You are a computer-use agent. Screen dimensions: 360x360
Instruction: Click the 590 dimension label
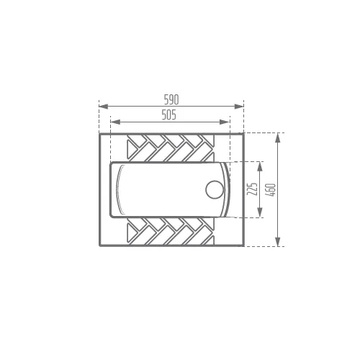pos(171,99)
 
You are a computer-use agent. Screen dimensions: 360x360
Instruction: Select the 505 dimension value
pos(168,114)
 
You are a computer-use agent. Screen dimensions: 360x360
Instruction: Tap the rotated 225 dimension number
pos(253,189)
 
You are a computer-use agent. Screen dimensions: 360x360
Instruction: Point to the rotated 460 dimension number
pos(271,190)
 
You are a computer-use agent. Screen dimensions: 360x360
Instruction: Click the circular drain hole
pos(215,189)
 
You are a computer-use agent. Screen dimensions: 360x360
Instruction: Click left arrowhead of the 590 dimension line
pos(103,107)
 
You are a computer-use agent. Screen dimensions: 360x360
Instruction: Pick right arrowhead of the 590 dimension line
pos(239,107)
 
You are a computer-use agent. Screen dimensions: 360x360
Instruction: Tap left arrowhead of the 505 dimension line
pos(115,122)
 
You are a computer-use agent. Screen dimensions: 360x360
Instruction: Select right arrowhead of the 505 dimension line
pos(225,122)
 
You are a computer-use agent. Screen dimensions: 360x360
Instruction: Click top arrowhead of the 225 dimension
pos(259,166)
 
